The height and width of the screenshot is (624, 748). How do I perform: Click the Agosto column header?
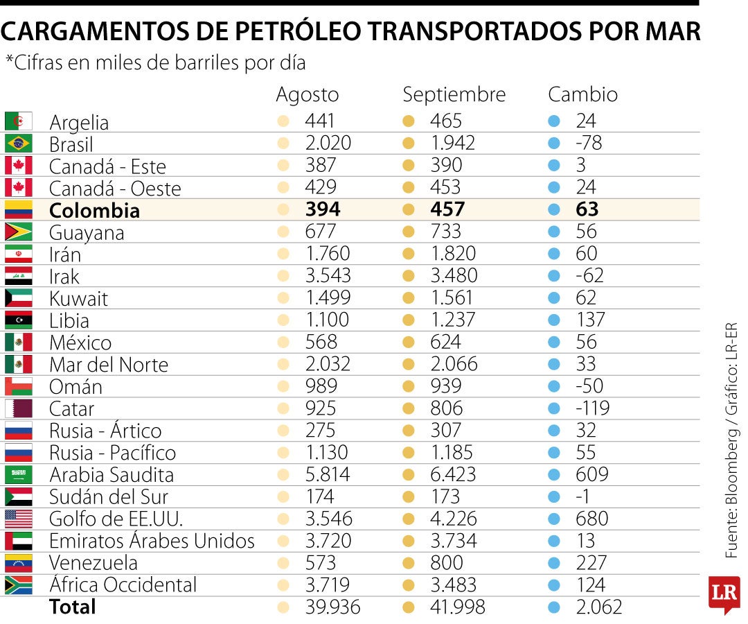(308, 94)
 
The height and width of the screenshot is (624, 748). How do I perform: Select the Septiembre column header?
(454, 94)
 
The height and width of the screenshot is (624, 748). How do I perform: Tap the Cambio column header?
(582, 94)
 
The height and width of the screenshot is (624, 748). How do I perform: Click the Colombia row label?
(94, 210)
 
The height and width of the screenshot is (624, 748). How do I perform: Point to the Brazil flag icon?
(19, 144)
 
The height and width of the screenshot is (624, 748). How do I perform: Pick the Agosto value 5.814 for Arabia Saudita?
(328, 474)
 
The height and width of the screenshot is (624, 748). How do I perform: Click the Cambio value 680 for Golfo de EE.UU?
(591, 519)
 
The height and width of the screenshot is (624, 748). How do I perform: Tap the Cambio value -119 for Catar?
(592, 408)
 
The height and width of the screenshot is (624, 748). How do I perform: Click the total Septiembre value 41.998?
(458, 607)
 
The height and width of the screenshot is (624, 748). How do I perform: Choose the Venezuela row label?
(93, 562)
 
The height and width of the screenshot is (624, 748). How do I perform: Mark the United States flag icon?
(19, 519)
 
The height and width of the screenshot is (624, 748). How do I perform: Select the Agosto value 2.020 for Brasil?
(328, 143)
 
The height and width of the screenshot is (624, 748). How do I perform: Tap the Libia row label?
(69, 320)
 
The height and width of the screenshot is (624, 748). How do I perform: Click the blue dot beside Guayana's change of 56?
(553, 232)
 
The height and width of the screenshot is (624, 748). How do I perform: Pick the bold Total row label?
(73, 607)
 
